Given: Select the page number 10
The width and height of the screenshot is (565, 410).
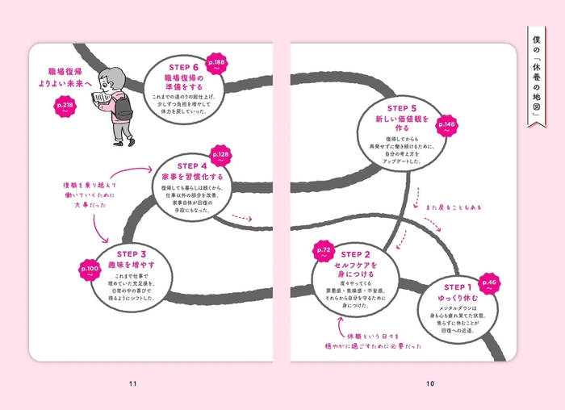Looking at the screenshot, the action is click(429, 383).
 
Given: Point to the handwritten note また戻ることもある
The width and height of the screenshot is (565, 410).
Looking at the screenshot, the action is click(454, 207).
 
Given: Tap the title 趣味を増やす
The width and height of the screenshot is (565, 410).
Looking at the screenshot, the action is click(128, 265).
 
